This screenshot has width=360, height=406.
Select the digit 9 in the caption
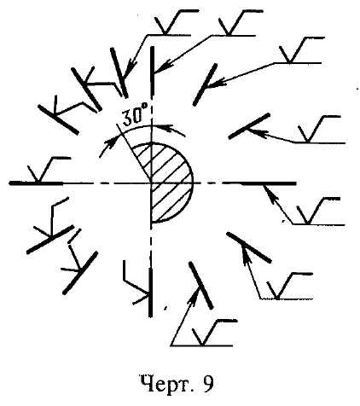click(x=208, y=384)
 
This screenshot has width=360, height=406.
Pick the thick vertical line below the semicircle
click(x=151, y=293)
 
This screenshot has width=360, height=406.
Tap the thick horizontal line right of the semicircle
click(x=258, y=183)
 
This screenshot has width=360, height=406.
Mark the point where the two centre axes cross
click(x=151, y=183)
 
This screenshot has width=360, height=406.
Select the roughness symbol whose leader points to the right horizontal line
click(x=317, y=211)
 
